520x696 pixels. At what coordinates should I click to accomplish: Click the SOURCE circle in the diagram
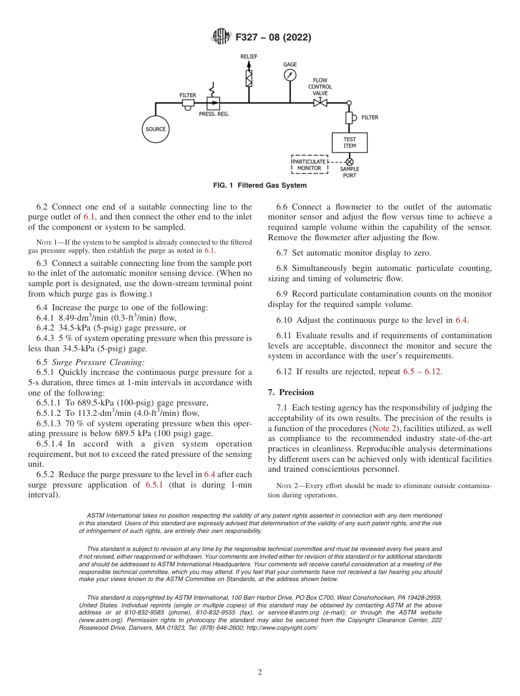click(155, 130)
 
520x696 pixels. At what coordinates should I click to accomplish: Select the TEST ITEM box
click(349, 142)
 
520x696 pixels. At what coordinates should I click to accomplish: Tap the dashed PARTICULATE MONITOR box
click(309, 165)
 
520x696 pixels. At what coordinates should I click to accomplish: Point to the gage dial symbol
click(290, 75)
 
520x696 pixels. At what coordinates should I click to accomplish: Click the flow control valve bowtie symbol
click(320, 103)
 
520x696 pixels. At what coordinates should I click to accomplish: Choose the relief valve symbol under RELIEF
click(249, 78)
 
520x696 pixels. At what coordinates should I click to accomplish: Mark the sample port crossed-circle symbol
click(349, 162)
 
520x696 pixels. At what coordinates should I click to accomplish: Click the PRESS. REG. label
click(213, 114)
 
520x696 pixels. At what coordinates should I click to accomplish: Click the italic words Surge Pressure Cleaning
click(98, 362)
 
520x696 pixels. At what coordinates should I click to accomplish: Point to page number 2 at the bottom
click(260, 672)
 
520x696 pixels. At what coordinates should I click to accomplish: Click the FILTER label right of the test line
click(369, 118)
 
